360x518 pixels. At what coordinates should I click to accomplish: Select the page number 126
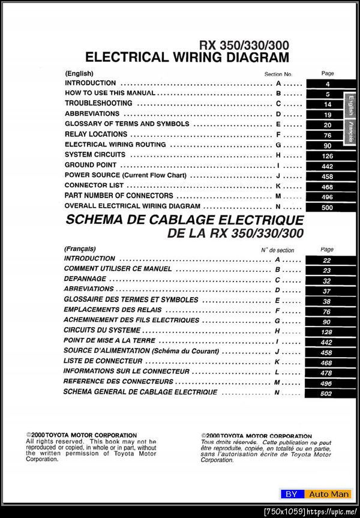[328, 155]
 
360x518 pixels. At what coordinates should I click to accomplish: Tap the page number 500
[328, 207]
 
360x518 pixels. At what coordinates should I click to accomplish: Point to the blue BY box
[291, 494]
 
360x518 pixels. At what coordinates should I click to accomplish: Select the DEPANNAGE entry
[85, 279]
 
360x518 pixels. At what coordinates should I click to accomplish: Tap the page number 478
[326, 373]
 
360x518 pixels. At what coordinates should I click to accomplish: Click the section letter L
[277, 372]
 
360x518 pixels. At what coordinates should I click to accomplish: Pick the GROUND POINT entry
[87, 165]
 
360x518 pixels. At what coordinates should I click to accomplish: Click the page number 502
[326, 393]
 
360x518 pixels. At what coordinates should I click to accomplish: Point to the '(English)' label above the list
[79, 73]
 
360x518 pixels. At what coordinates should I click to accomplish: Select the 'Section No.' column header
[278, 74]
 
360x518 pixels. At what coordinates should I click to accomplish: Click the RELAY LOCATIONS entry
[96, 134]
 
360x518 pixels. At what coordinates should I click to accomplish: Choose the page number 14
[328, 104]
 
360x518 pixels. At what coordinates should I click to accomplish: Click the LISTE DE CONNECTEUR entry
[103, 361]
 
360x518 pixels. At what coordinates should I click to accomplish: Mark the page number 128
[326, 332]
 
